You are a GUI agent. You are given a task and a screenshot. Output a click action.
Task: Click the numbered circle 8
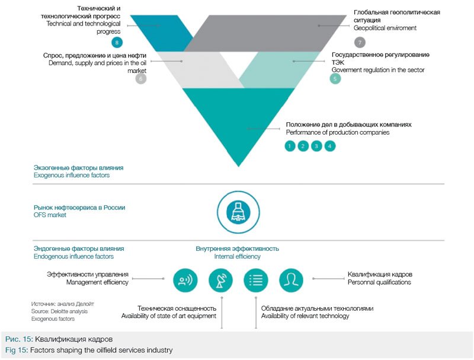[x=117, y=42]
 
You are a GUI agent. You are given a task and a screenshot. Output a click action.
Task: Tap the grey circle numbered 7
[x=360, y=42]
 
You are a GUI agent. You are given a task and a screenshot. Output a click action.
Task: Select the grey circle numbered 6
[x=140, y=78]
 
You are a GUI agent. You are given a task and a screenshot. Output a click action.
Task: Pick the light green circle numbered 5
[x=335, y=78]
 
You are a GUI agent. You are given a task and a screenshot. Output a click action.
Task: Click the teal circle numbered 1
[x=290, y=146]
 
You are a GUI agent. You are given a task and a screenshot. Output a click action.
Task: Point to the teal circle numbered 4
[x=330, y=146]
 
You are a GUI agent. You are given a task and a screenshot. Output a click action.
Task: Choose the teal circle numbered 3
[x=316, y=146]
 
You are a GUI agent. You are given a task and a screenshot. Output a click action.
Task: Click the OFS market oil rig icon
[x=238, y=211]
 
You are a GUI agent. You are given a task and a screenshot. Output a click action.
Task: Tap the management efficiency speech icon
[x=185, y=280]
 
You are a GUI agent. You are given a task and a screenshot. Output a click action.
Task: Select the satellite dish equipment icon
[x=220, y=280]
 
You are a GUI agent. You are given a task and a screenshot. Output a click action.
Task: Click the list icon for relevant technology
[x=256, y=280]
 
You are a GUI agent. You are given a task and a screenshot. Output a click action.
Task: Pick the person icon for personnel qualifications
[x=291, y=280]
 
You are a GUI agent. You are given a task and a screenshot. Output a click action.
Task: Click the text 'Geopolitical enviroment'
[x=385, y=28]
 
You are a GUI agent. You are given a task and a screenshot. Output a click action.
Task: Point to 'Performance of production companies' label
[x=337, y=132]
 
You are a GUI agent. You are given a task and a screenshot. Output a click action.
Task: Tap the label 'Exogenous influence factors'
[x=72, y=176]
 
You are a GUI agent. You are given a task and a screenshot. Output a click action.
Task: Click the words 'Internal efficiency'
[x=237, y=257]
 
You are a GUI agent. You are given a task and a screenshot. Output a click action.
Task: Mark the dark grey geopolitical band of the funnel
[x=261, y=33]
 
